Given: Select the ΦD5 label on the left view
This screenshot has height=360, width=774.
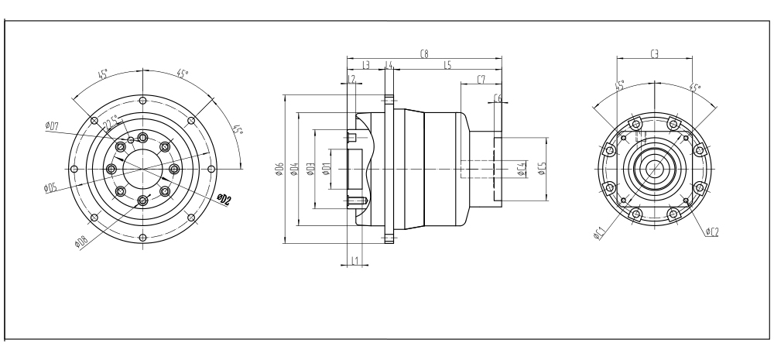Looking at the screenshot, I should pyautogui.click(x=51, y=187).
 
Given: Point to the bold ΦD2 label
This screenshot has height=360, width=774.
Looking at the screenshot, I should pyautogui.click(x=224, y=201).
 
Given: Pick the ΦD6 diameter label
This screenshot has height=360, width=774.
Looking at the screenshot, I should pyautogui.click(x=279, y=170).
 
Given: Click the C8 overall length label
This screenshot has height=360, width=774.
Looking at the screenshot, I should pyautogui.click(x=423, y=54).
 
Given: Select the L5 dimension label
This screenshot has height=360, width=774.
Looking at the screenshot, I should pyautogui.click(x=447, y=67).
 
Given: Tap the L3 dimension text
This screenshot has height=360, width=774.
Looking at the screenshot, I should pyautogui.click(x=365, y=67).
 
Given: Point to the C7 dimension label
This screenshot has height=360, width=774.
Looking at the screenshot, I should pyautogui.click(x=481, y=80).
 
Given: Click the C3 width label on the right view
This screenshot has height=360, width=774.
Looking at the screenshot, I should pyautogui.click(x=654, y=54).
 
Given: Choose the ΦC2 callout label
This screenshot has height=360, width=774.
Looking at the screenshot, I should pyautogui.click(x=713, y=231).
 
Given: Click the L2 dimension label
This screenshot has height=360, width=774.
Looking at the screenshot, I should pyautogui.click(x=351, y=80).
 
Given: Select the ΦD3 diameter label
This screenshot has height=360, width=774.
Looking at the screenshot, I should pyautogui.click(x=310, y=170).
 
